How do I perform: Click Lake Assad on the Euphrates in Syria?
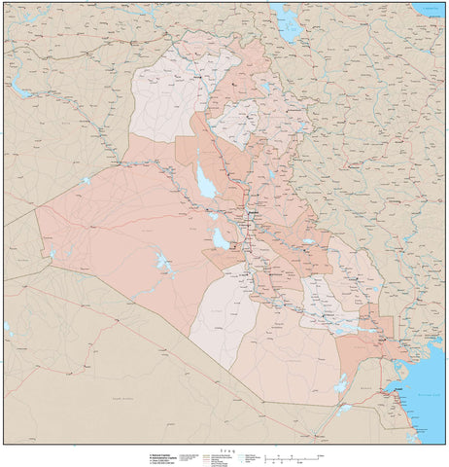click(21, 91)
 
